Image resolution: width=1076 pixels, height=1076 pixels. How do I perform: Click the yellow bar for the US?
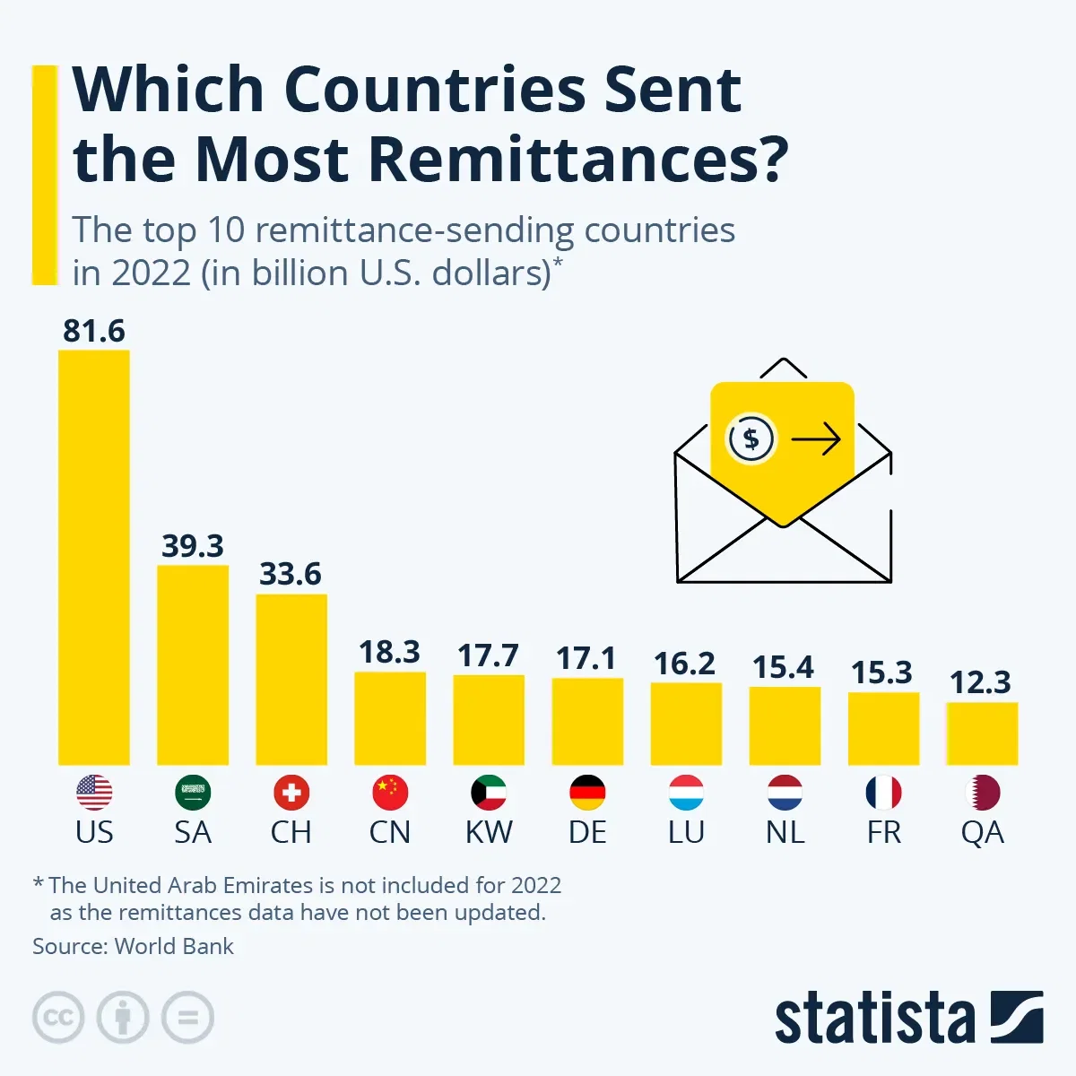click(x=94, y=556)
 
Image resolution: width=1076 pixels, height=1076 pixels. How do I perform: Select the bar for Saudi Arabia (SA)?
click(x=193, y=664)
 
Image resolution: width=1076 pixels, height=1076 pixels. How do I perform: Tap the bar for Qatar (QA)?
click(x=982, y=733)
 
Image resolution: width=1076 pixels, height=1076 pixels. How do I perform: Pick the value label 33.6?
click(x=291, y=574)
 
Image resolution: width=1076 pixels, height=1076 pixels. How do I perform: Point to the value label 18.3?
click(x=389, y=652)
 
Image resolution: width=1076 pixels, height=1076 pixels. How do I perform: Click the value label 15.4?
click(x=783, y=667)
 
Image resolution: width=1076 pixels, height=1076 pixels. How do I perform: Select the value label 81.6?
click(x=94, y=331)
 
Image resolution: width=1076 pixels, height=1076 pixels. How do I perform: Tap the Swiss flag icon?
click(x=291, y=793)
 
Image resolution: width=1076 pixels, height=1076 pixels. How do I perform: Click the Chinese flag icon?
click(x=390, y=793)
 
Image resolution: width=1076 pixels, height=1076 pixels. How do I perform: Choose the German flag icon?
click(x=587, y=793)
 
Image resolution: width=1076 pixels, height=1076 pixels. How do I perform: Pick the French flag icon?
click(x=883, y=793)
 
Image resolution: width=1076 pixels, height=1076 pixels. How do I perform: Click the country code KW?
click(x=489, y=832)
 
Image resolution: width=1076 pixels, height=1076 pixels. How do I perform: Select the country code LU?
click(x=686, y=832)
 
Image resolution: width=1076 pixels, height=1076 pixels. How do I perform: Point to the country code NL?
click(x=785, y=832)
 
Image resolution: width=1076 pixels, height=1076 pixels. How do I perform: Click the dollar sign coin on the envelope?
click(x=751, y=439)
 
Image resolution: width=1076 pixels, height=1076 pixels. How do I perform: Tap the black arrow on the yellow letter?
click(x=815, y=439)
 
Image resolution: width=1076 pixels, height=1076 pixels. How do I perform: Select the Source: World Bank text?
click(x=133, y=946)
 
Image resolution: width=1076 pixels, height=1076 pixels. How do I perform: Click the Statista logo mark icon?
click(x=1016, y=1018)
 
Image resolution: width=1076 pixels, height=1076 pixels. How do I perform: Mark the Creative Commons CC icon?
click(x=58, y=1018)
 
